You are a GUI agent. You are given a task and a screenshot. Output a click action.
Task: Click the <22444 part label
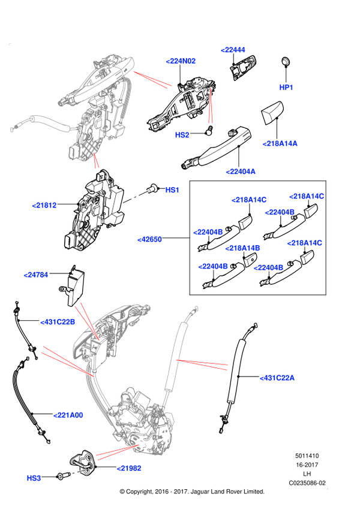point(233,50)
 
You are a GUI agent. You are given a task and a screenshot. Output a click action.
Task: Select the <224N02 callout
point(181,61)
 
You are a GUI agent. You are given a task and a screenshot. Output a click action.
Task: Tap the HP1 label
point(286,88)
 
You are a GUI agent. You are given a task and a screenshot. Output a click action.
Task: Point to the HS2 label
point(182,135)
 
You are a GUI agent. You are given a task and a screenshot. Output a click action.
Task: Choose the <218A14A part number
point(280,143)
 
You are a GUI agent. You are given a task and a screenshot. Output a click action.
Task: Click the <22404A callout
point(241,171)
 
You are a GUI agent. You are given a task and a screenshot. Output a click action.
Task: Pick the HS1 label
point(172,190)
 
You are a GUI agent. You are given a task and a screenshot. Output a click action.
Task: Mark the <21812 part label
point(44,205)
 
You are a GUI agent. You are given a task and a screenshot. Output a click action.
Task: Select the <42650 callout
point(150,239)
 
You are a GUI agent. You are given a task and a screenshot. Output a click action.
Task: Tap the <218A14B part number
point(243,248)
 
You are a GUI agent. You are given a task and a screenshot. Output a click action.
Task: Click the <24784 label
point(36,275)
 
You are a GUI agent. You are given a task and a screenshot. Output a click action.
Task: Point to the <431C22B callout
point(58,321)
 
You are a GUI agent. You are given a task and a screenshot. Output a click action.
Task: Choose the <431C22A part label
point(277,378)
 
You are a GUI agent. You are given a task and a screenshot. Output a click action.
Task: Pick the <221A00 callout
point(68,415)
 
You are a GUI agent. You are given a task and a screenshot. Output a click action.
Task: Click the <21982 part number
point(128,468)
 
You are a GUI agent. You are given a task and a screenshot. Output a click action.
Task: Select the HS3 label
point(34,478)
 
